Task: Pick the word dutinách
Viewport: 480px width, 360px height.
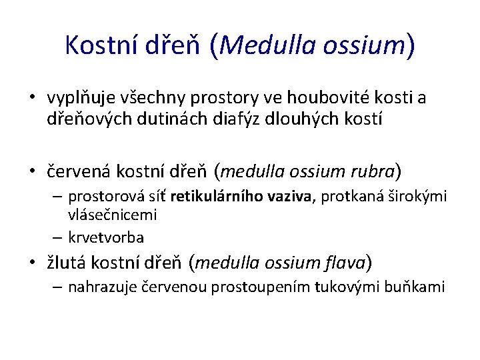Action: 175,121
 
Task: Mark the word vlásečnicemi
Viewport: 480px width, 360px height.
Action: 112,214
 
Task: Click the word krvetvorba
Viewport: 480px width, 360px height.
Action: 106,237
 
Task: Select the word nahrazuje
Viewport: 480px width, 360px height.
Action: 100,287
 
